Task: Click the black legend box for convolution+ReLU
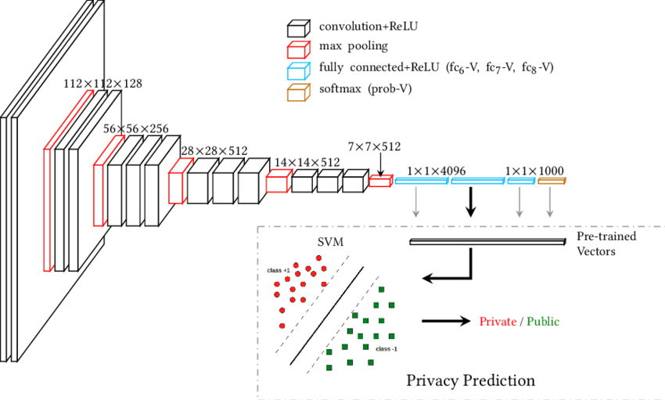(297, 30)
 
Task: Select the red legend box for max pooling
(297, 49)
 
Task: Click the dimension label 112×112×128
(102, 83)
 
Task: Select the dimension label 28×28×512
(214, 150)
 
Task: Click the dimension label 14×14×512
(307, 162)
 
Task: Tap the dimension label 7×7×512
(374, 146)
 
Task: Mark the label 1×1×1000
(534, 170)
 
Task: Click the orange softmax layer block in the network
(551, 182)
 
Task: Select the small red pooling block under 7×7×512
(379, 182)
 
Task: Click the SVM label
(331, 243)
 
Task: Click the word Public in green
(544, 321)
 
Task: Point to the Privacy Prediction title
(471, 380)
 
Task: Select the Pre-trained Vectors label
(606, 243)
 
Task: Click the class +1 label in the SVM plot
(279, 270)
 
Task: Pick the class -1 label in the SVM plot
(386, 348)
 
